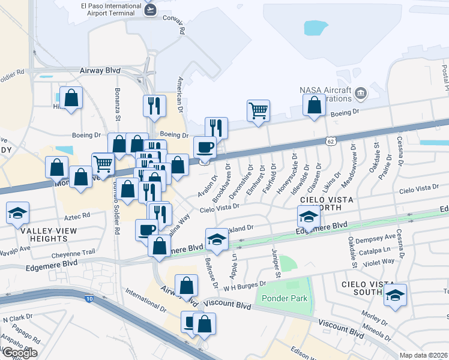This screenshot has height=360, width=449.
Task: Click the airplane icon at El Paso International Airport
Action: (x=151, y=10)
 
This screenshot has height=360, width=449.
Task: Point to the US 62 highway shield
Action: (x=331, y=140)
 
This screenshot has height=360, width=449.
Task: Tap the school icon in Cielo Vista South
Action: (x=395, y=295)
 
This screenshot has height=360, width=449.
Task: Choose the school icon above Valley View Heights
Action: (x=17, y=212)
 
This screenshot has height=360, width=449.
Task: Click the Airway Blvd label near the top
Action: (x=100, y=70)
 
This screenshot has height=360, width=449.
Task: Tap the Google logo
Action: (x=19, y=353)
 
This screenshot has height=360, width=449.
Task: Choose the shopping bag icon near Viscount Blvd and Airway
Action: (x=187, y=286)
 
